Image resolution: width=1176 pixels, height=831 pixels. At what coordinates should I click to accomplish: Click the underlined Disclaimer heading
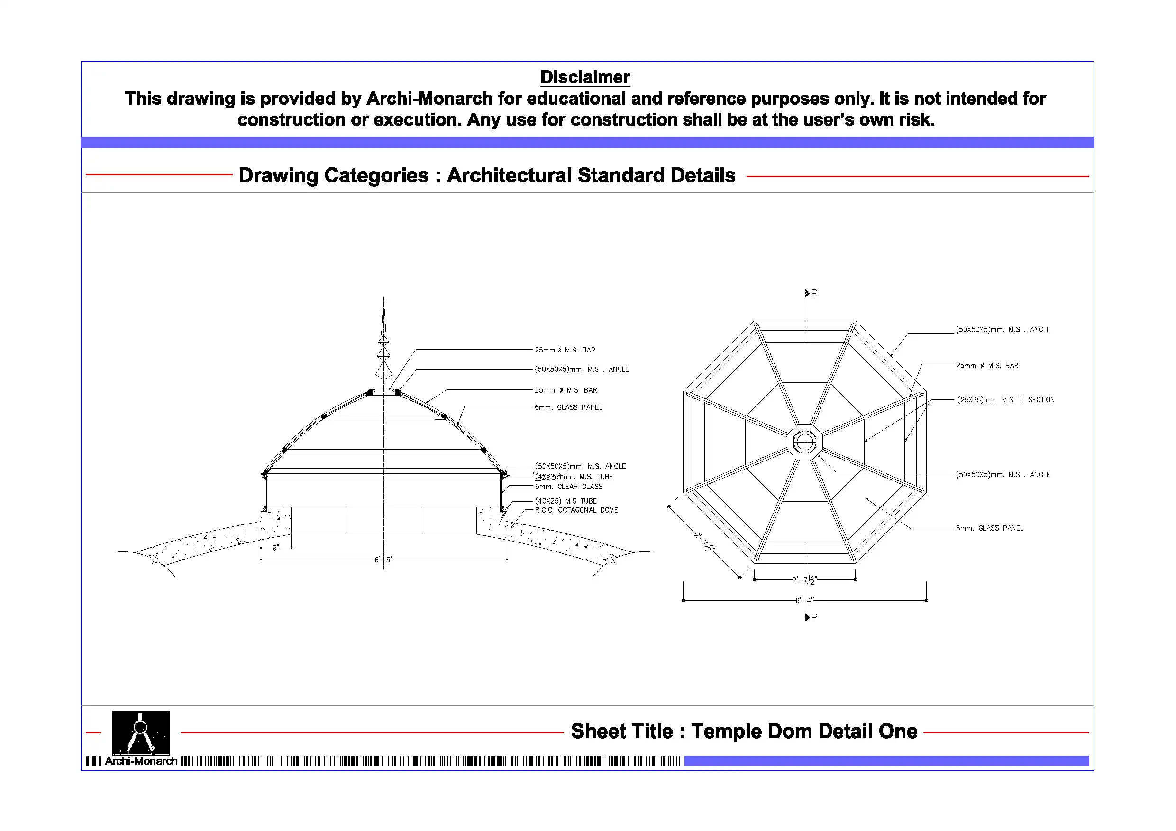click(x=585, y=77)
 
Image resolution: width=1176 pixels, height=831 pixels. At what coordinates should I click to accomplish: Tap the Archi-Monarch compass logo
click(x=141, y=732)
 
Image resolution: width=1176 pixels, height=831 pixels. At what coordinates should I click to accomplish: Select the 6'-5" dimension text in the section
click(x=383, y=560)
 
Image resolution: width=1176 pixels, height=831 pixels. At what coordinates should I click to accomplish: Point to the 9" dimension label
click(x=275, y=548)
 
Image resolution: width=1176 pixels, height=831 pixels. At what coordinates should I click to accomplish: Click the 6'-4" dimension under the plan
click(x=804, y=600)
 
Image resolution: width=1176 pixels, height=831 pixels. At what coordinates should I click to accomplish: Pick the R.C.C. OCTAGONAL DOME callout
click(x=576, y=510)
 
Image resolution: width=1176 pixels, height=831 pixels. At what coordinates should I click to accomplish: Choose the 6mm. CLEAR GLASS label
click(x=568, y=487)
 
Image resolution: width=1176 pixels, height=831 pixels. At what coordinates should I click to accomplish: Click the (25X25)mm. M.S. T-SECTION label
click(x=1005, y=400)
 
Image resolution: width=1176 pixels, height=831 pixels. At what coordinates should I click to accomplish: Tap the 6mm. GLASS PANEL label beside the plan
click(x=989, y=528)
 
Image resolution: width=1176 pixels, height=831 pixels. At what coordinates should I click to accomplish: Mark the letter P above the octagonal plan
click(x=814, y=293)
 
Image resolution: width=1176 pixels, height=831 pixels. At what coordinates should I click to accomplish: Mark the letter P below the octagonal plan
click(x=814, y=617)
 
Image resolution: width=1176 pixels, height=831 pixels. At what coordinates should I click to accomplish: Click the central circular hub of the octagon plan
click(x=805, y=442)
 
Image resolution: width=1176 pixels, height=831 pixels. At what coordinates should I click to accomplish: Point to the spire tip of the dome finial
click(x=383, y=302)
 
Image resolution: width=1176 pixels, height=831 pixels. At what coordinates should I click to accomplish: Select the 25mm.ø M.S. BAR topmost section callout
click(x=565, y=350)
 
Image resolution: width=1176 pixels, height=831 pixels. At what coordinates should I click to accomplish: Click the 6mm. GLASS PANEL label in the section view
click(x=568, y=407)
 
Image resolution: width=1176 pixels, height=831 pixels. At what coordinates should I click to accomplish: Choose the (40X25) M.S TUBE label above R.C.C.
click(x=565, y=501)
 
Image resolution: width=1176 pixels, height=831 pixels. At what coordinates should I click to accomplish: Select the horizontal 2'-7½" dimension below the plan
click(x=804, y=579)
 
